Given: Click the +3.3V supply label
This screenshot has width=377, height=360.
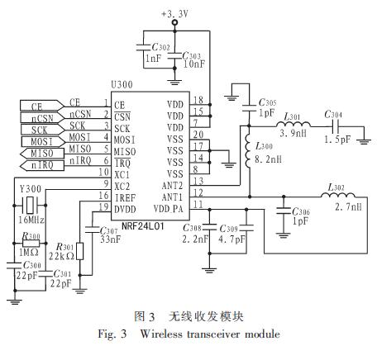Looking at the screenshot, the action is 175,14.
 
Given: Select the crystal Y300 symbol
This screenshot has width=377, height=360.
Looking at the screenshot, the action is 30,206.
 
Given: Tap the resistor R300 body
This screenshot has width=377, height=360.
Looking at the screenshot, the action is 31,244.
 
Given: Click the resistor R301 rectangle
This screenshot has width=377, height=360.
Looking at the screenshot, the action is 80,251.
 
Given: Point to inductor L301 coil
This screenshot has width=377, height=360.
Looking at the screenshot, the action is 293,124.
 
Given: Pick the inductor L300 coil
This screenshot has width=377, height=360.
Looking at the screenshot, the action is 248,151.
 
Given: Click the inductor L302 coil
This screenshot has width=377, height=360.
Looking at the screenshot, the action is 338,195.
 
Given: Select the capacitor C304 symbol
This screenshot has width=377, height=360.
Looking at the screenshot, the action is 336,126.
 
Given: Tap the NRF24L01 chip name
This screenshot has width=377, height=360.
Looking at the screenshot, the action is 143,226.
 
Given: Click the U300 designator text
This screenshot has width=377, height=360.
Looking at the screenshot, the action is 122,84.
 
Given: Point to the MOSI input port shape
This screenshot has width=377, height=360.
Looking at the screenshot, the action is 43,141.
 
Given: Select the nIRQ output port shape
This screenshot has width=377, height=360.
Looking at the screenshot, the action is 42,165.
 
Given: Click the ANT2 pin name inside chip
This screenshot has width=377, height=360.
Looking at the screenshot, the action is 173,186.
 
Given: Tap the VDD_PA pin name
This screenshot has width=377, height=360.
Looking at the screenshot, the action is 169,209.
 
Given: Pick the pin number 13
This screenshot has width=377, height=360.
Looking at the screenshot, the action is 198,181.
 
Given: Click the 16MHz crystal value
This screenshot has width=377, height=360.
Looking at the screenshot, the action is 31,220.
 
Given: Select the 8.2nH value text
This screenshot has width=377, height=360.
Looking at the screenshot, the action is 268,159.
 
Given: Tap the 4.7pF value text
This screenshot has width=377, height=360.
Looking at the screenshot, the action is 231,239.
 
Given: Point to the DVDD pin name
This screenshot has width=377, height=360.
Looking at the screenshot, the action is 125,210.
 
